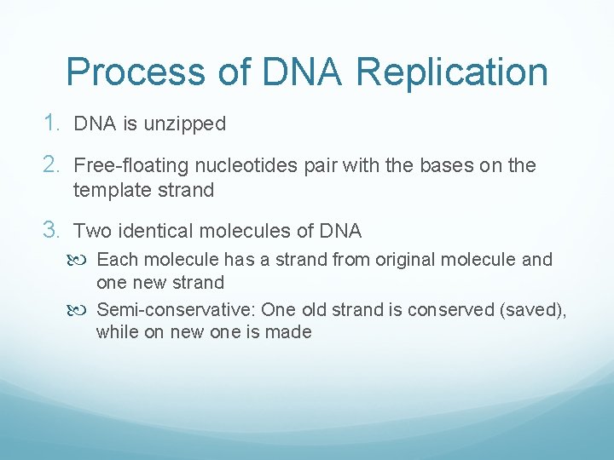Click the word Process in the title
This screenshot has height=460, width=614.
pyautogui.click(x=136, y=72)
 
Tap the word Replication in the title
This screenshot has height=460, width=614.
pyautogui.click(x=452, y=72)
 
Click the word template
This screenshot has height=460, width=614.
pyautogui.click(x=107, y=190)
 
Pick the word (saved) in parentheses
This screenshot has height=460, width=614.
pyautogui.click(x=533, y=310)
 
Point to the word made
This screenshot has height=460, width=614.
pyautogui.click(x=291, y=332)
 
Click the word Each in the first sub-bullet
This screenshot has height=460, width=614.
pyautogui.click(x=115, y=260)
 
